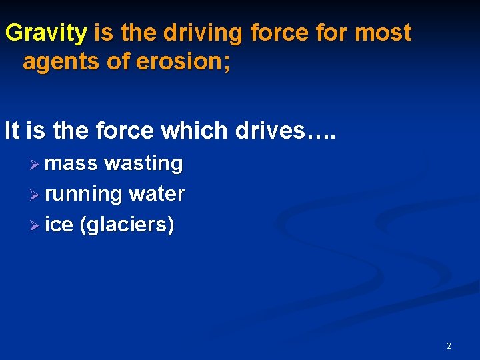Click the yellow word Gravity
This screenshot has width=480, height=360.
(x=46, y=33)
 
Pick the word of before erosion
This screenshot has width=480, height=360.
(x=114, y=62)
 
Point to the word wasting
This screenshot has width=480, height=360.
(x=143, y=163)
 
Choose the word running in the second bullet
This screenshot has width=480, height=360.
(x=84, y=194)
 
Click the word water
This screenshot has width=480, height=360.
(x=157, y=194)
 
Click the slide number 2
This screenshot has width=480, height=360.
(x=449, y=345)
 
